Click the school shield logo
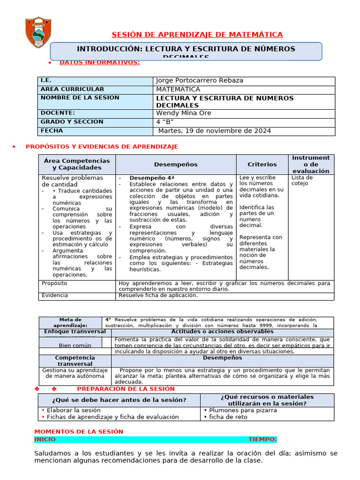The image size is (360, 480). pos(38,33)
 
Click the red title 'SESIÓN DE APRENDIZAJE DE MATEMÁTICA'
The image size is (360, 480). pos(197,35)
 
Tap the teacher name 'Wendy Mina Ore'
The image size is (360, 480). pos(183,113)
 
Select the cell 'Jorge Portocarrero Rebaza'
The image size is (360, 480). pos(199,81)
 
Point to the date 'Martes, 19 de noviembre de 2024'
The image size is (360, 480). pos(214,131)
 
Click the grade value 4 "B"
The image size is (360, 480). pos(168,122)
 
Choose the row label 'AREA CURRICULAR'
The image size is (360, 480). pos(72,89)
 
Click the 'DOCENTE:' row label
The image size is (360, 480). pos(58,113)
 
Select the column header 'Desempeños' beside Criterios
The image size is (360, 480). pos(176,165)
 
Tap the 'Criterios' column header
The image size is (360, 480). pos(262,165)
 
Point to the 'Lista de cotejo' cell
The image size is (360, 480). pos(302,180)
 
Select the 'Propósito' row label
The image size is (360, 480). pos(54,284)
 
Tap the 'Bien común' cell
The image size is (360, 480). pos(75,345)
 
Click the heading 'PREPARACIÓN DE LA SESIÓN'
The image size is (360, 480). pos(126,389)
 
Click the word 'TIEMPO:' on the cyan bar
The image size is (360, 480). pos(262,440)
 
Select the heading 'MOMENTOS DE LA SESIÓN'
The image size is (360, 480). pos(79,432)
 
